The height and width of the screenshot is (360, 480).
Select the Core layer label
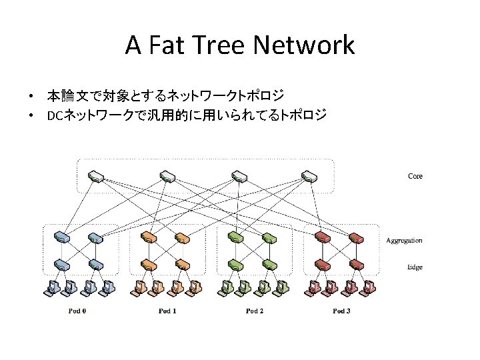(x=415, y=176)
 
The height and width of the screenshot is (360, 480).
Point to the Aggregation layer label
(x=404, y=240)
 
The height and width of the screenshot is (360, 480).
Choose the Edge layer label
(x=415, y=267)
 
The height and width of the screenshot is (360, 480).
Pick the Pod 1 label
(x=167, y=311)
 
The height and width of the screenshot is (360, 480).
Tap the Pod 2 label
(x=255, y=311)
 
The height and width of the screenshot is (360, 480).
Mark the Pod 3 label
(x=341, y=311)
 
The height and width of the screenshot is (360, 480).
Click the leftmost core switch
(x=95, y=177)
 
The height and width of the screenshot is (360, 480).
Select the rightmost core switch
(x=307, y=177)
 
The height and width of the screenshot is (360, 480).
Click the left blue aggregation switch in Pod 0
(x=63, y=237)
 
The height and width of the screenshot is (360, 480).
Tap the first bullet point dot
(x=31, y=97)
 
